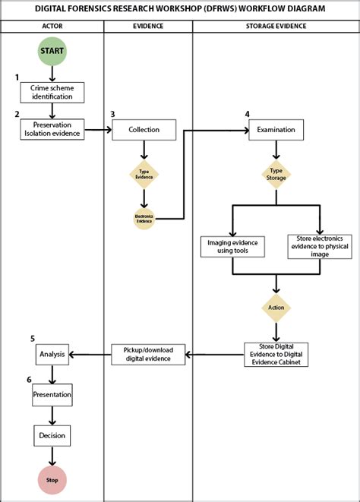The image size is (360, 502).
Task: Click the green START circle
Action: [x=52, y=52]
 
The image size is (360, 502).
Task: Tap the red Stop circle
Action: [x=52, y=479]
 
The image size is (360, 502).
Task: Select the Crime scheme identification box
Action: [x=52, y=92]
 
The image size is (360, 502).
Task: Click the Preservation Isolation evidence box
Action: [x=52, y=129]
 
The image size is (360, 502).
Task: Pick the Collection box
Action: [x=144, y=129]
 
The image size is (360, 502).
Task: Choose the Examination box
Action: [x=276, y=129]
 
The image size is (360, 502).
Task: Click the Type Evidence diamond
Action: [x=144, y=174]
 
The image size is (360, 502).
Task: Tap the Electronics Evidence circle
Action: [x=144, y=219]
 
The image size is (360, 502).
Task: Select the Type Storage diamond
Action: [x=276, y=174]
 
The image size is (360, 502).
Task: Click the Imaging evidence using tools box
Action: [x=232, y=247]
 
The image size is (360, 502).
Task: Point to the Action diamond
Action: [x=276, y=308]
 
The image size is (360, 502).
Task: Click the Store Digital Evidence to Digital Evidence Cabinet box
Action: [x=276, y=354]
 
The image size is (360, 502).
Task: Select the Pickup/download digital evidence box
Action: [x=148, y=354]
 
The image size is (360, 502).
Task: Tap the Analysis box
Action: [x=52, y=353]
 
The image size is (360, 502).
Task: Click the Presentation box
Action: [x=52, y=395]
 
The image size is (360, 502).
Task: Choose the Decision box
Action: [x=52, y=435]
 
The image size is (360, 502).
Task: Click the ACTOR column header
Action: [x=52, y=27]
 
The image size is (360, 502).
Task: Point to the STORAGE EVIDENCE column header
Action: [x=276, y=27]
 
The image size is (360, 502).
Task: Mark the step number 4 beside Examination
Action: [x=247, y=114]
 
